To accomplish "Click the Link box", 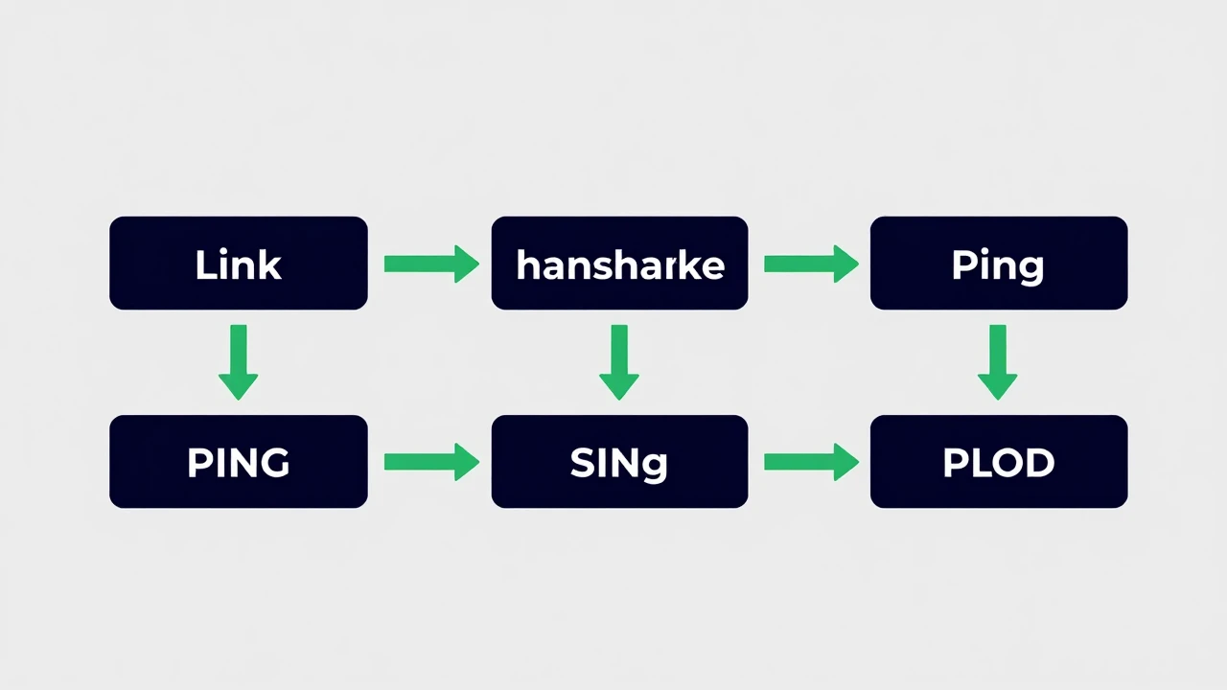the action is pos(239,263).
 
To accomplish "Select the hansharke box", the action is pos(619,263).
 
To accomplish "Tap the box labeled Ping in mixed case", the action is pos(999,263).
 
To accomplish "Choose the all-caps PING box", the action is pos(239,461).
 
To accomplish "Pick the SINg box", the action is pos(619,461).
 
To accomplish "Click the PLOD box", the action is pos(999,461).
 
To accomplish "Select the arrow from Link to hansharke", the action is pos(431,264).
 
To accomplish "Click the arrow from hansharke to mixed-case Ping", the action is pos(811,264).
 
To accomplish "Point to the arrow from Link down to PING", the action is pos(239,362).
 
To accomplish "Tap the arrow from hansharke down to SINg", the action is pos(619,362).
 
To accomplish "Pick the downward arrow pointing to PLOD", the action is pos(998,362).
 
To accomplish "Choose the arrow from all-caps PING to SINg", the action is pos(431,462).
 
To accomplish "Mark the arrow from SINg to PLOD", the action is pos(811,462).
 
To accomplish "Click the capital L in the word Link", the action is pos(206,264).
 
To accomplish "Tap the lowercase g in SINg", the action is pos(655,467).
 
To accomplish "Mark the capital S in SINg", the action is pos(582,463).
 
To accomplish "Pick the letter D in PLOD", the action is pos(1037,463).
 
